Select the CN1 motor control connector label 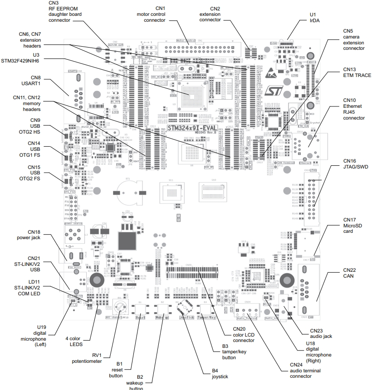[154, 14]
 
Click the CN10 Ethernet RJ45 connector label [353, 109]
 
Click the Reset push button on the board [140, 310]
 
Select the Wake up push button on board [162, 310]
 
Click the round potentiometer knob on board [120, 309]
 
